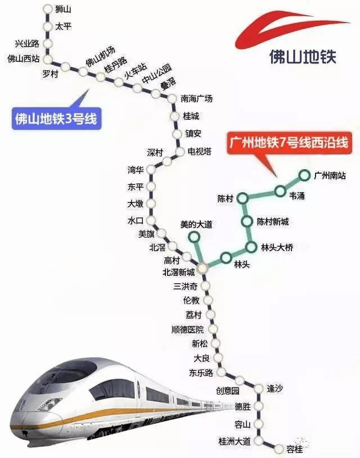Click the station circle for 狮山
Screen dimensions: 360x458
(x=47, y=9)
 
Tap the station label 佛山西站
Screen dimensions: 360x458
(x=24, y=58)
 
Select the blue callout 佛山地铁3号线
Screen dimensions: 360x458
(x=56, y=119)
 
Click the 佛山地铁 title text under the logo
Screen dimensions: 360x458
(x=303, y=57)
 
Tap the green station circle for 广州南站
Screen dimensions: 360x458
(x=304, y=175)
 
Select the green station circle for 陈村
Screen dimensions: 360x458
(x=242, y=198)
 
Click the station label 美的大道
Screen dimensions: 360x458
(x=196, y=225)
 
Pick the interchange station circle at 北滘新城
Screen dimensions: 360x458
(x=202, y=267)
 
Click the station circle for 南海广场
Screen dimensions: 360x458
(x=172, y=98)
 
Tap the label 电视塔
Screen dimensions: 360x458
(x=200, y=151)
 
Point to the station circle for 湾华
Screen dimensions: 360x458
(x=151, y=169)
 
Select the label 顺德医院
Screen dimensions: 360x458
(x=188, y=330)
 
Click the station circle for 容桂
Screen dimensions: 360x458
(x=279, y=448)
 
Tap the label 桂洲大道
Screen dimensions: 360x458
(x=235, y=441)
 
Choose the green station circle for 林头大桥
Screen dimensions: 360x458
(x=251, y=247)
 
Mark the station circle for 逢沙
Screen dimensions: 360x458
(x=259, y=388)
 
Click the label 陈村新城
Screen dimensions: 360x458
(x=273, y=222)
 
